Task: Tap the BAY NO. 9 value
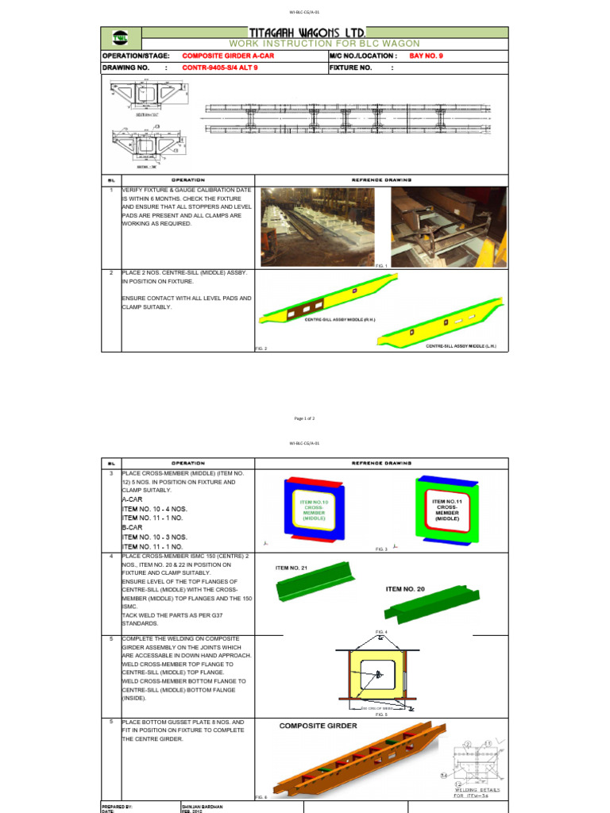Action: tap(433, 56)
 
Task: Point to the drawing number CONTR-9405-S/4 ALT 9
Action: tap(220, 68)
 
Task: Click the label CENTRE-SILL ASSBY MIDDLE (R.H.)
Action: tap(338, 319)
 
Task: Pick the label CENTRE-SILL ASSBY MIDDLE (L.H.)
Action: tap(461, 346)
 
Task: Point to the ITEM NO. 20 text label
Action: tap(405, 588)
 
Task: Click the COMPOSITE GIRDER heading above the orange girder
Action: tap(318, 726)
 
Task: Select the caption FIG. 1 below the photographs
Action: tap(380, 265)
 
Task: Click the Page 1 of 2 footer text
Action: tap(304, 418)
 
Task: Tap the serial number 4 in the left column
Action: tap(112, 557)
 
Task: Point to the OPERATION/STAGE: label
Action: tap(136, 56)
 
